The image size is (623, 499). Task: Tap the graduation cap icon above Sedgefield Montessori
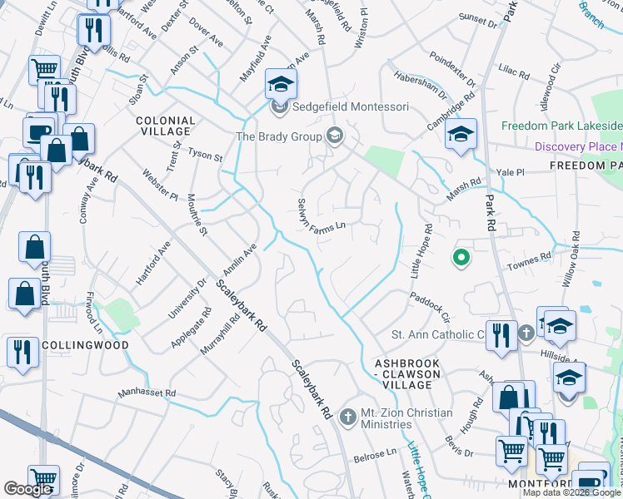(282, 84)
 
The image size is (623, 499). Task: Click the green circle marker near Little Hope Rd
(459, 259)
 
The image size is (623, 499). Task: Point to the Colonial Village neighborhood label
(165, 126)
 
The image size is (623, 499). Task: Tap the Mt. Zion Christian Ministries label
(406, 418)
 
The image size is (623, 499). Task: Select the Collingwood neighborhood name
(73, 345)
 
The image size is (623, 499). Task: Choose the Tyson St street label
(206, 156)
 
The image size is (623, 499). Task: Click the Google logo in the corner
(27, 489)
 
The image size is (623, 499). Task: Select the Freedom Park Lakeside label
(561, 126)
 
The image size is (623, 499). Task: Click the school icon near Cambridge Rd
(460, 134)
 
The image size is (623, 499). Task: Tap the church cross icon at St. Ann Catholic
(526, 334)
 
